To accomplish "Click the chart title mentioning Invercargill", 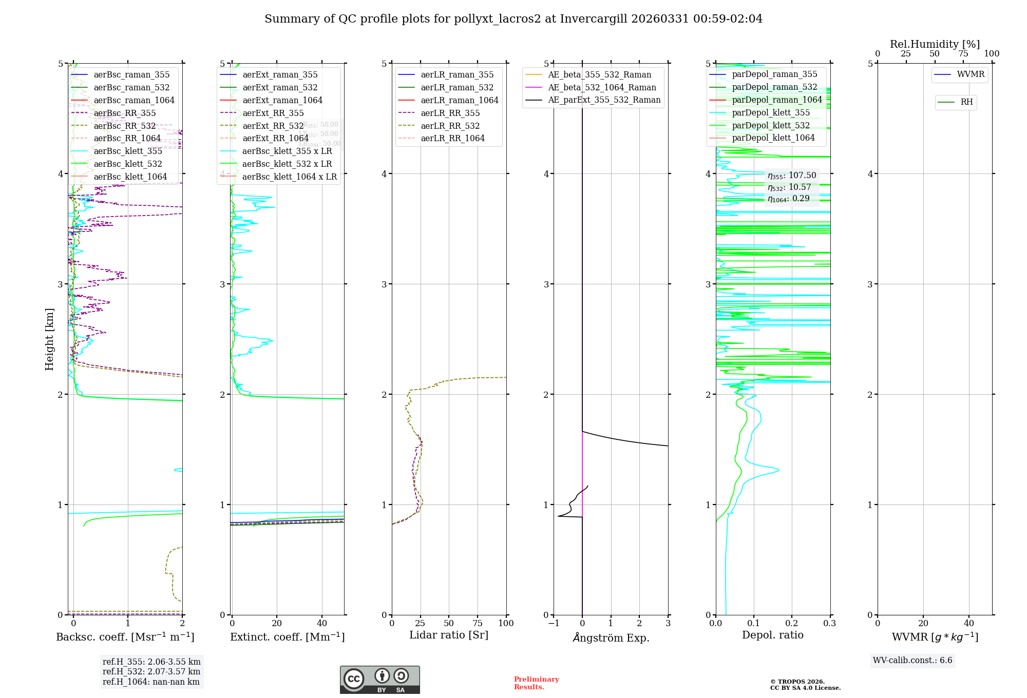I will click(513, 19).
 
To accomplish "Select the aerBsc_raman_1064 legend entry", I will click(134, 100).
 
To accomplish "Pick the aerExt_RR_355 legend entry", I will click(273, 113).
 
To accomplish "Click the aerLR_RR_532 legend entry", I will click(450, 126).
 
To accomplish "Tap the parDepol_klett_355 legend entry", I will click(770, 112).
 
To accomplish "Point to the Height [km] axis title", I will click(49, 339).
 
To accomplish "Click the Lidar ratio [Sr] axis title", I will click(449, 635).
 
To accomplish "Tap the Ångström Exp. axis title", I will click(611, 637).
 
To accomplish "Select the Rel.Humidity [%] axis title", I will click(935, 44).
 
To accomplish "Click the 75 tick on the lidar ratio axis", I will click(478, 623).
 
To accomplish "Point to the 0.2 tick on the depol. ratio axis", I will click(792, 623).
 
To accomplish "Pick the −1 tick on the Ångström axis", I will click(554, 623).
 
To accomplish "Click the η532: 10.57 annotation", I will click(789, 187).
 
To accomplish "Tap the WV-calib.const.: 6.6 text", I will click(912, 661).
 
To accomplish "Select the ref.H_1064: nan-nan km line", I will click(151, 682).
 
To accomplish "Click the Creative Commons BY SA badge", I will click(379, 680).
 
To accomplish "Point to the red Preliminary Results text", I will click(536, 683).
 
